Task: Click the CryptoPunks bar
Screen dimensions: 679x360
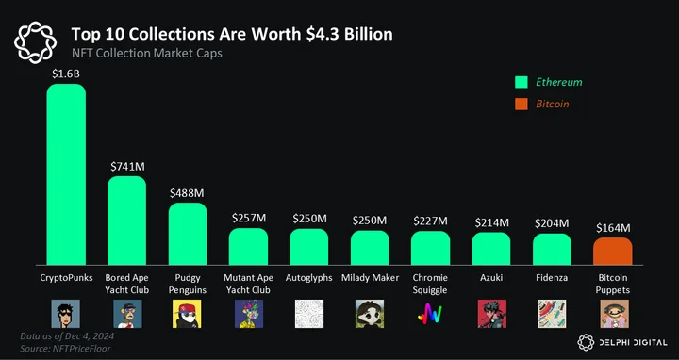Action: (66, 174)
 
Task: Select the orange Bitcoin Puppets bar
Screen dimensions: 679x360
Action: (613, 251)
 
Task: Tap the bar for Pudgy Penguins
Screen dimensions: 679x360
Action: (188, 234)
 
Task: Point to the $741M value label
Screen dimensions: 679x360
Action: (127, 167)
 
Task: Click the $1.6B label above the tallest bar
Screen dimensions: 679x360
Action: (66, 74)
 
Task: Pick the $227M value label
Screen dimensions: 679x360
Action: (430, 221)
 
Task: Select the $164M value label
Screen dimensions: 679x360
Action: (613, 228)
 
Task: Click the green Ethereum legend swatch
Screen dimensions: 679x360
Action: (522, 82)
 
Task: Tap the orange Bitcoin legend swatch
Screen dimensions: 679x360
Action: (522, 104)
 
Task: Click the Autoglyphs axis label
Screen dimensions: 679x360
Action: (308, 278)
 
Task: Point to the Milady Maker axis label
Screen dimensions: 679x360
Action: (370, 278)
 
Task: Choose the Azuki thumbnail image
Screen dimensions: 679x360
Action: (491, 314)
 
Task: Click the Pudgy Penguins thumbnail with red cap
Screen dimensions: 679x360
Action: (187, 314)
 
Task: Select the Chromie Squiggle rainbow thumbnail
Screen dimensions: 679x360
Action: (430, 314)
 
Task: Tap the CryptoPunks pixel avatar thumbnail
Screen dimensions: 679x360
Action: (65, 314)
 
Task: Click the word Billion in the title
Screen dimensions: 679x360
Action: (369, 34)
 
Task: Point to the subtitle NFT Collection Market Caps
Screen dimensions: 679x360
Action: (146, 53)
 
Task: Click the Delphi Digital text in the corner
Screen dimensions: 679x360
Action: (633, 343)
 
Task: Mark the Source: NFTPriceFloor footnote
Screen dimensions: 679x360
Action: (65, 349)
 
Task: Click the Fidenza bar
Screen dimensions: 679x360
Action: (552, 249)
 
